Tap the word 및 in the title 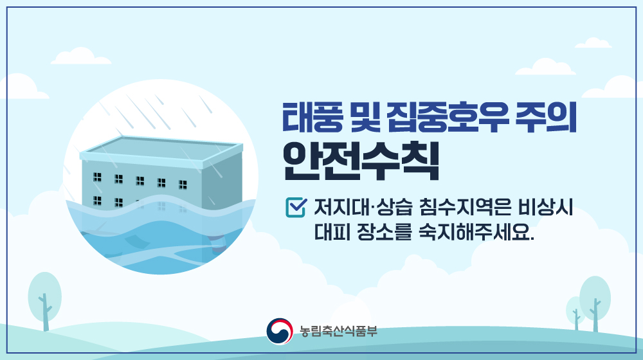click(365, 117)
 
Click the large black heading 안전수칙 click(361, 161)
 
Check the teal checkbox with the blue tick click(296, 207)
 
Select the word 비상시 click(546, 207)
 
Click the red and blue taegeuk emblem click(280, 331)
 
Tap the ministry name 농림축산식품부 click(338, 331)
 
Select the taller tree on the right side click(595, 303)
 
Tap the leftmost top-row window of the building click(97, 177)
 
